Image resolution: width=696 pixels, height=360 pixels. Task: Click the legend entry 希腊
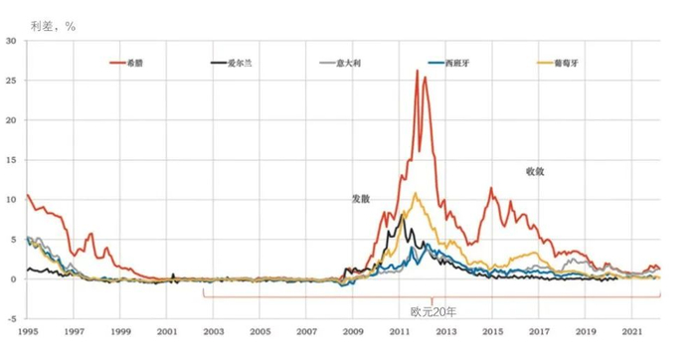point(132,63)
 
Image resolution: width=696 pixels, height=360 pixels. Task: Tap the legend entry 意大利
point(342,63)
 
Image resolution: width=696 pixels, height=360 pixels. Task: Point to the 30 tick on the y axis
point(11,41)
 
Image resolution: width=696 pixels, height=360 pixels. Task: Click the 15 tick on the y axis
point(11,160)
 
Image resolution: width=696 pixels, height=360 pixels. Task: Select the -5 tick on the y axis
point(11,319)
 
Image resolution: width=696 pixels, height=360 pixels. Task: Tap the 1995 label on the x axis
point(27,330)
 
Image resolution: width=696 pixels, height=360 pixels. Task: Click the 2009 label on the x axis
point(353,330)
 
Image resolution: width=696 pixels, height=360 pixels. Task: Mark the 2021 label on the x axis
point(632,330)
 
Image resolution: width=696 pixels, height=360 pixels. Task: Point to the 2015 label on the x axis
point(492,330)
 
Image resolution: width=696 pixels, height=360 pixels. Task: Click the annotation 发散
point(360,199)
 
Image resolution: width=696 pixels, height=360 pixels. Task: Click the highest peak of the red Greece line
point(417,71)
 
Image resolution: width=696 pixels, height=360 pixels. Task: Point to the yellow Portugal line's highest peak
point(415,193)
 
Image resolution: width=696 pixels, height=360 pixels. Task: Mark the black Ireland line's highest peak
point(404,215)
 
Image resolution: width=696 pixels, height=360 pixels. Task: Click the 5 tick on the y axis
point(13,240)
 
